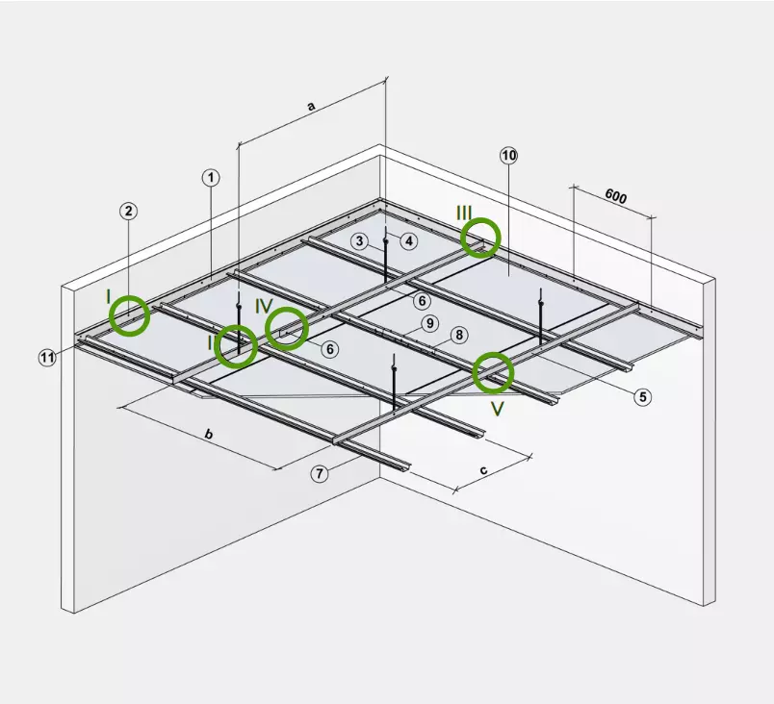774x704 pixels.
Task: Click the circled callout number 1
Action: click(211, 178)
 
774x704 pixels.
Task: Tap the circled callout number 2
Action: click(128, 211)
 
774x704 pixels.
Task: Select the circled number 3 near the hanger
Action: click(360, 241)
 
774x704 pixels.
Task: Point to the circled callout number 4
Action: click(409, 241)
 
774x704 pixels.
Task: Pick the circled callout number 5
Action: click(642, 396)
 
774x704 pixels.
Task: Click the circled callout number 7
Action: click(320, 474)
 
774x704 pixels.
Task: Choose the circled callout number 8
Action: click(459, 336)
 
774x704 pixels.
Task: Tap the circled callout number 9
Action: click(430, 323)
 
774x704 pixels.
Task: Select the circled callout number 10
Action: click(509, 156)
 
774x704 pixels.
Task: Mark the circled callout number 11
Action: click(47, 357)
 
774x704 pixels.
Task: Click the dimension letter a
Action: click(311, 106)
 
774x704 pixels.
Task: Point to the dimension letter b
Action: click(209, 435)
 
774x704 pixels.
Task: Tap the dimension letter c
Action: click(483, 470)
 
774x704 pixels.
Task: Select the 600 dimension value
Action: click(615, 196)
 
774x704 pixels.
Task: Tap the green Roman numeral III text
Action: click(464, 214)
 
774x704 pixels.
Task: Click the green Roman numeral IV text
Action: click(264, 306)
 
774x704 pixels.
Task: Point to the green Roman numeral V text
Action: click(497, 409)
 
